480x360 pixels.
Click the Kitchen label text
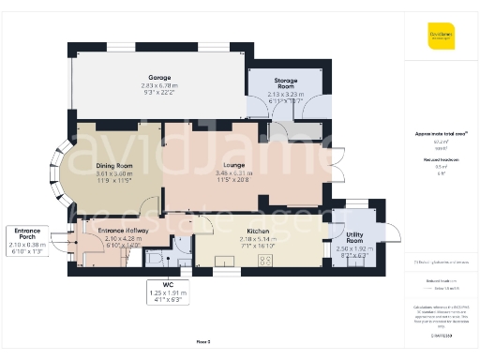(x=259, y=231)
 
